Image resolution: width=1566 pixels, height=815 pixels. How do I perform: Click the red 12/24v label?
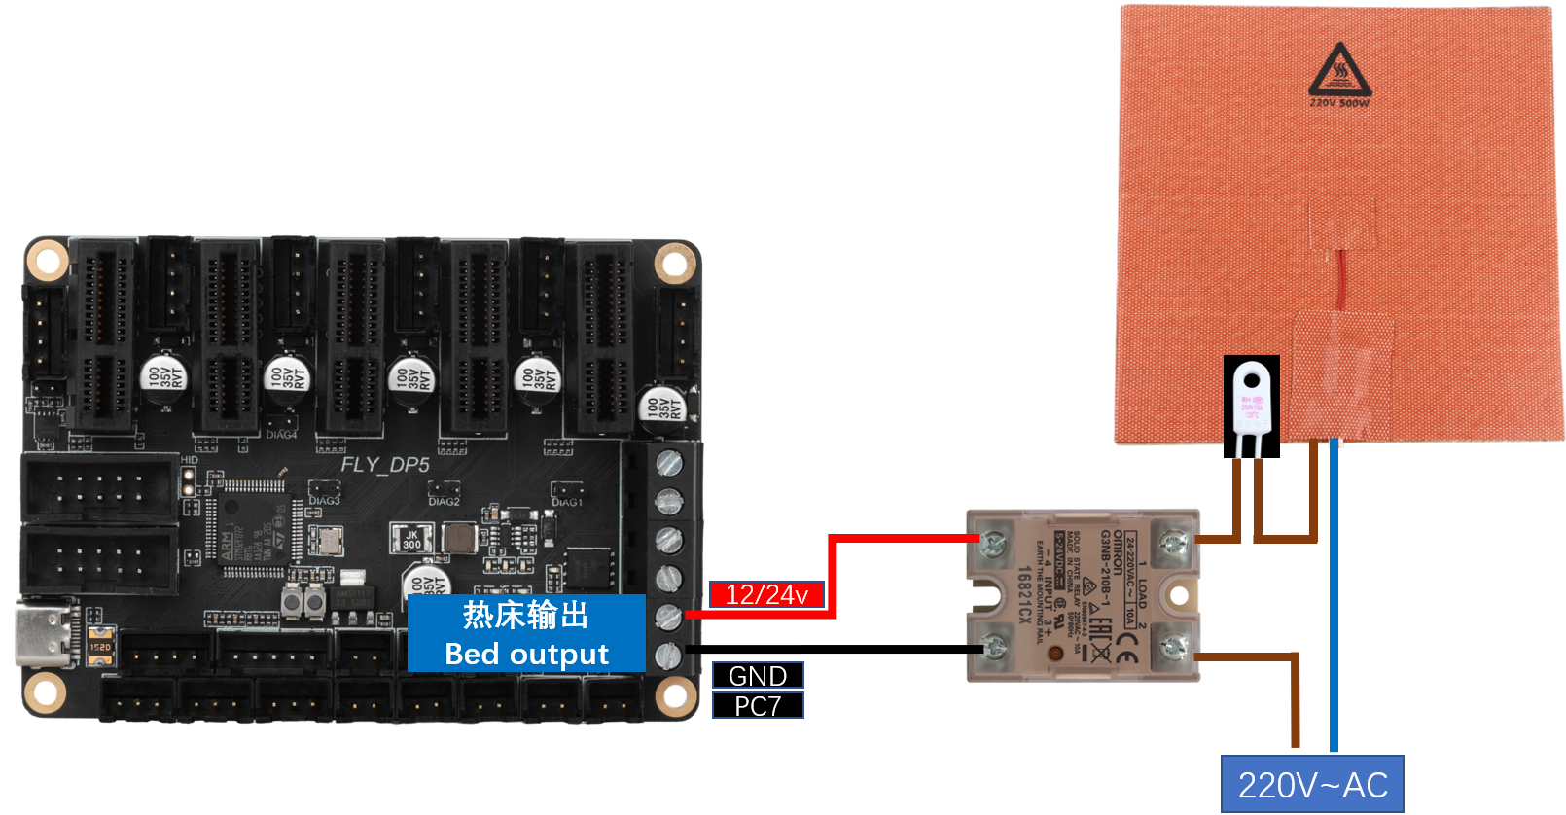coord(766,594)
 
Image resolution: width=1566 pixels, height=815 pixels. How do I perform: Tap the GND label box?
coord(758,675)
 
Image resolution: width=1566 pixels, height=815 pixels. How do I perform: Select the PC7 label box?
coord(758,705)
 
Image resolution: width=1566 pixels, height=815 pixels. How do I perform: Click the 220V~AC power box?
coord(1312,784)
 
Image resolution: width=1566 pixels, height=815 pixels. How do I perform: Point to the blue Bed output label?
coord(526,634)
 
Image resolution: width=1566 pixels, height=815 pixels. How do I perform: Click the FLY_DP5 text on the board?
coord(384,465)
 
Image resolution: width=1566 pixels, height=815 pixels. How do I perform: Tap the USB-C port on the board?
coord(44,633)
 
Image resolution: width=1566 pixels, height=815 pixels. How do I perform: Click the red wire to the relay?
coord(833,574)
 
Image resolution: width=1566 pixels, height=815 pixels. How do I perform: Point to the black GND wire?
coord(827,649)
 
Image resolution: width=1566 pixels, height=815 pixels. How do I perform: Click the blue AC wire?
coord(1334,593)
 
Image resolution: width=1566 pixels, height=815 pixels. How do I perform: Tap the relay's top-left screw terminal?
coord(991,542)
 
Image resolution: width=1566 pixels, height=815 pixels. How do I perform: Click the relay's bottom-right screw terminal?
coord(1172,644)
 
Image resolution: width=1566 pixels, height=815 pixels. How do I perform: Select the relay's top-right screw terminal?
coord(1172,540)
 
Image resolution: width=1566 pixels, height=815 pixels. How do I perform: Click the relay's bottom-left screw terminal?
coord(993,644)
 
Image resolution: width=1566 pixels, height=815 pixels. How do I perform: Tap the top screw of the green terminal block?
coord(669,463)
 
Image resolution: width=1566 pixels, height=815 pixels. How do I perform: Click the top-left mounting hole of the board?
coord(46,260)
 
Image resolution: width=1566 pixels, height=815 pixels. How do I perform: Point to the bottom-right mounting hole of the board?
coord(673,695)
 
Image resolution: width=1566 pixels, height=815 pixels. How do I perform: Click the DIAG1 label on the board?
coord(566,502)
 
